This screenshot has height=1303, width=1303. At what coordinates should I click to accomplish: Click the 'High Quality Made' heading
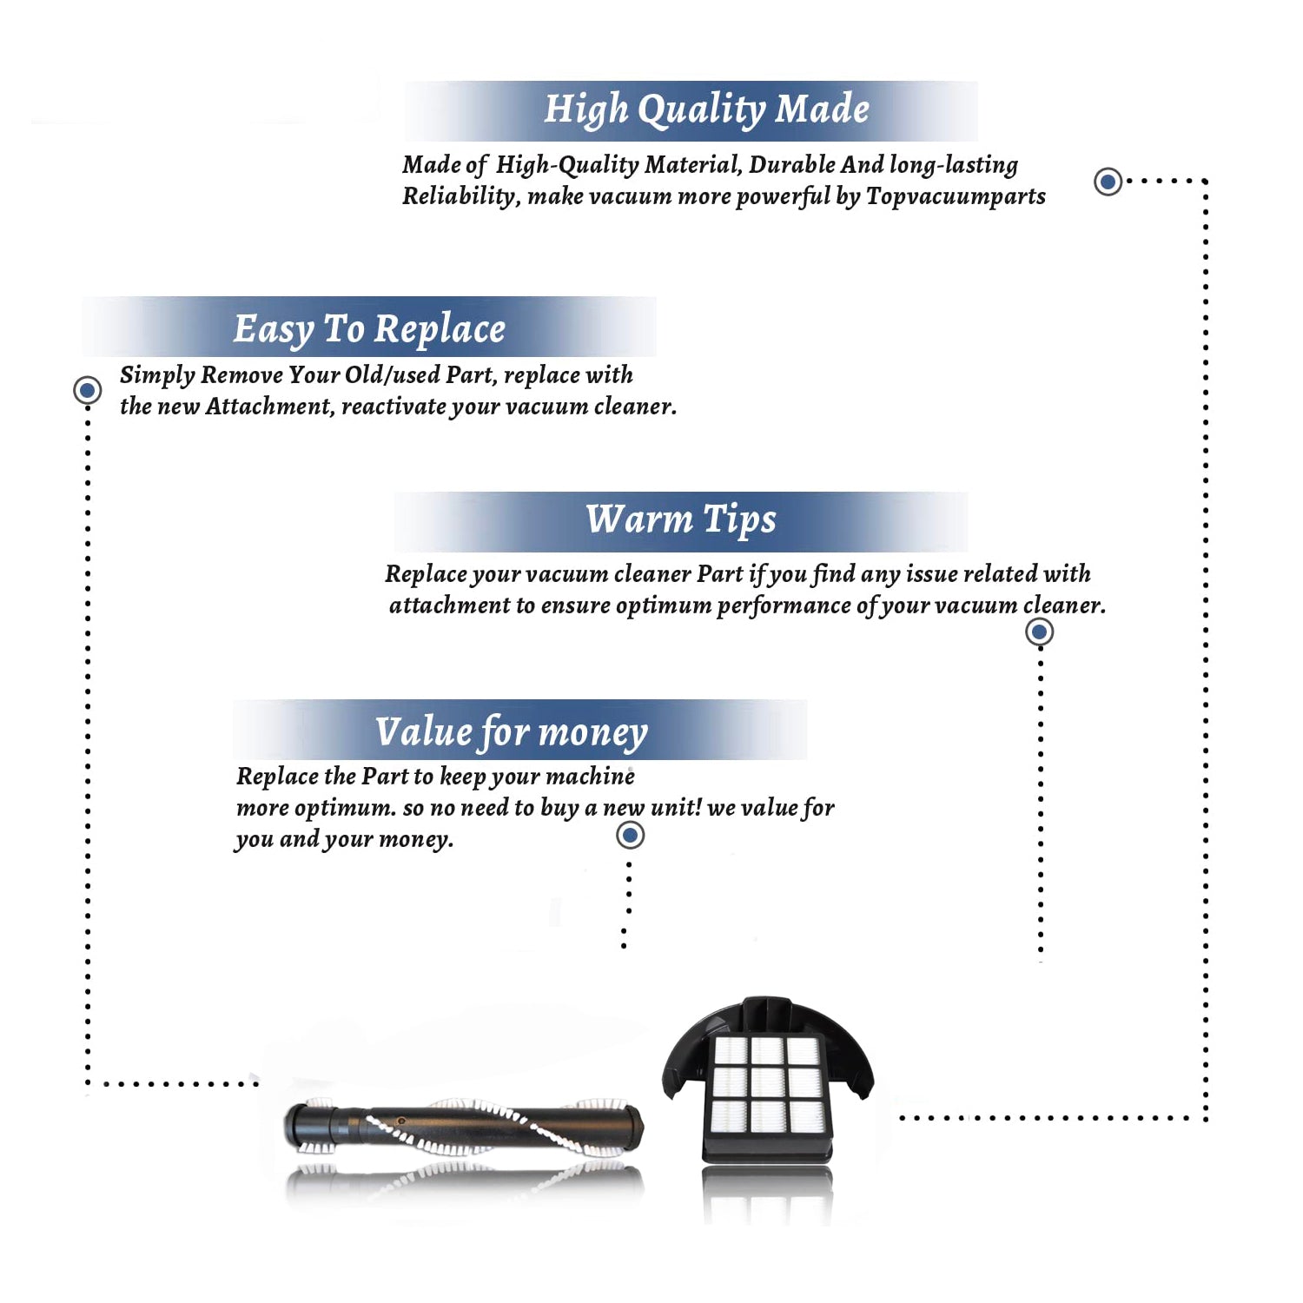click(x=706, y=110)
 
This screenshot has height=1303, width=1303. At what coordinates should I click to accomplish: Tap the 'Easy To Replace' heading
click(x=369, y=330)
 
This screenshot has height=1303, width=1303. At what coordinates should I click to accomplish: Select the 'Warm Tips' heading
click(x=680, y=520)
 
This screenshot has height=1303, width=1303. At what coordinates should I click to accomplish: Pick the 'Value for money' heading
click(x=511, y=732)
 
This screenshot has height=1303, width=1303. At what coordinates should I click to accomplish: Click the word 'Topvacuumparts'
click(x=956, y=196)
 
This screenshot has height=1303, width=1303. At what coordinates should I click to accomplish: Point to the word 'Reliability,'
click(x=461, y=196)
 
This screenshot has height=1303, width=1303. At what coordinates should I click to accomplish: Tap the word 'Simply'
click(x=157, y=375)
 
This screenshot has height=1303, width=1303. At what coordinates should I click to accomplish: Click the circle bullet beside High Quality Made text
click(x=1108, y=182)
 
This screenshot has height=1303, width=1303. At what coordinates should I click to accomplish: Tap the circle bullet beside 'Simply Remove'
click(x=87, y=390)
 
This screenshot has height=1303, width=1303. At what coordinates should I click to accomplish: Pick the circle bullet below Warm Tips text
click(x=1040, y=632)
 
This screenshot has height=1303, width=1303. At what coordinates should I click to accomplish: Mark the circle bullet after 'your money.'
click(x=630, y=836)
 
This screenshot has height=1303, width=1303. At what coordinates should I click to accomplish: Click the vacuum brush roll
click(x=464, y=1127)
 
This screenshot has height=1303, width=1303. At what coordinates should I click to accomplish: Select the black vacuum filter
click(x=768, y=1080)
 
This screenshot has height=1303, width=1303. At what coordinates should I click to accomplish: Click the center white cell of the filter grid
click(x=768, y=1082)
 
